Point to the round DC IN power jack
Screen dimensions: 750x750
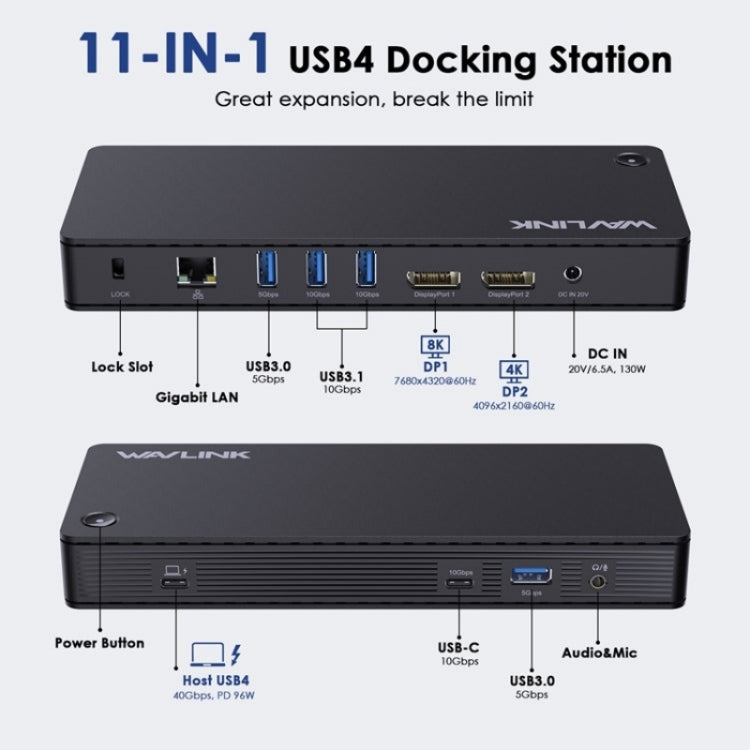[x=574, y=272]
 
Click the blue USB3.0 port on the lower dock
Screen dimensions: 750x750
[x=531, y=575]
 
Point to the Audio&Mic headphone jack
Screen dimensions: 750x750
[x=598, y=582]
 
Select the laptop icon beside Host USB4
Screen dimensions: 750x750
[x=205, y=655]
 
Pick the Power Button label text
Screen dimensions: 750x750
[x=99, y=643]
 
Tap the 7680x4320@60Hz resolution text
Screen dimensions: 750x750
[x=436, y=382]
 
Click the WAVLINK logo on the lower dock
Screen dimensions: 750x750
[x=183, y=457]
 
